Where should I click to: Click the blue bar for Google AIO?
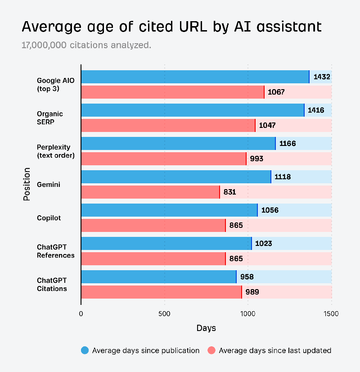(195, 77)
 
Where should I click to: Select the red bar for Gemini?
(150, 192)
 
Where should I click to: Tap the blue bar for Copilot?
(169, 210)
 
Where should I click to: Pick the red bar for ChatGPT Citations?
(161, 292)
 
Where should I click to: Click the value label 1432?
(322, 77)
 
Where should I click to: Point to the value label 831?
(229, 192)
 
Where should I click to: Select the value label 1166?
(288, 144)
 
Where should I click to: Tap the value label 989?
(252, 292)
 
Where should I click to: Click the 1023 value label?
(263, 244)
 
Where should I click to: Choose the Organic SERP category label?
(49, 118)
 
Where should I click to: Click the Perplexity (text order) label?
(55, 151)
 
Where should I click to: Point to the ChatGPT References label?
(55, 251)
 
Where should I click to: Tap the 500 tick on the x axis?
(164, 313)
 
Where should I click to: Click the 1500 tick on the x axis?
(331, 313)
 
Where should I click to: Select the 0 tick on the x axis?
(81, 313)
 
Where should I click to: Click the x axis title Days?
(206, 328)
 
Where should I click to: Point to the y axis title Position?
(27, 184)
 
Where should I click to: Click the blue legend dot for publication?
(85, 350)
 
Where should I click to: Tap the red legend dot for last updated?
(211, 350)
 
